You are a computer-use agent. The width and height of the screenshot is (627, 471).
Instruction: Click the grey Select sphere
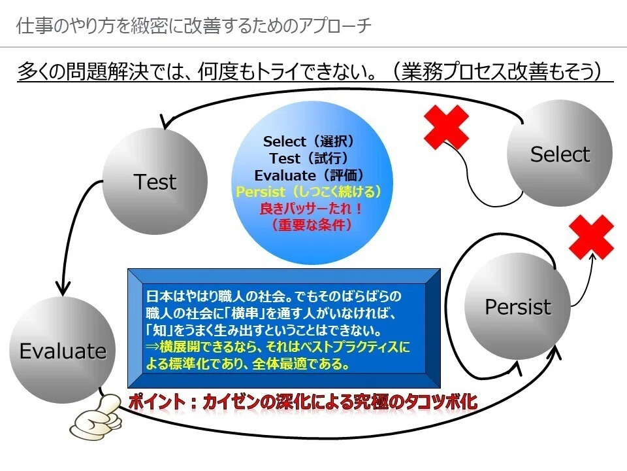(x=560, y=153)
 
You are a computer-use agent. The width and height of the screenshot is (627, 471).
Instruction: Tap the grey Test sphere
(x=155, y=181)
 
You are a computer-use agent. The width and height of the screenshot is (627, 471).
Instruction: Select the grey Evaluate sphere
(x=63, y=350)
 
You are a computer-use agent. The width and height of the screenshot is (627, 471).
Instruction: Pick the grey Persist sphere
(x=517, y=306)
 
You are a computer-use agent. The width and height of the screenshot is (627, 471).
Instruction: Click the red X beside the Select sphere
(x=446, y=127)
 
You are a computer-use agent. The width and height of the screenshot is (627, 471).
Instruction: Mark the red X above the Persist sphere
(x=592, y=237)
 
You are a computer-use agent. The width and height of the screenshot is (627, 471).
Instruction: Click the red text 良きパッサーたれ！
(x=311, y=209)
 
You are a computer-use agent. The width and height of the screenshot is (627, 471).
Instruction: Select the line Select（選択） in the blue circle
(x=309, y=141)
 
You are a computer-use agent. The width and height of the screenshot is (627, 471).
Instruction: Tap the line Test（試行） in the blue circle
(x=309, y=158)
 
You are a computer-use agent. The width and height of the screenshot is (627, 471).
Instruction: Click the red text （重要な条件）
(x=312, y=225)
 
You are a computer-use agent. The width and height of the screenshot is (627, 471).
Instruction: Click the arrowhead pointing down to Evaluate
(x=63, y=288)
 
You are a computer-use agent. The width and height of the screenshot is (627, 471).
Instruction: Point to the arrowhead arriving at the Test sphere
(x=167, y=122)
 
